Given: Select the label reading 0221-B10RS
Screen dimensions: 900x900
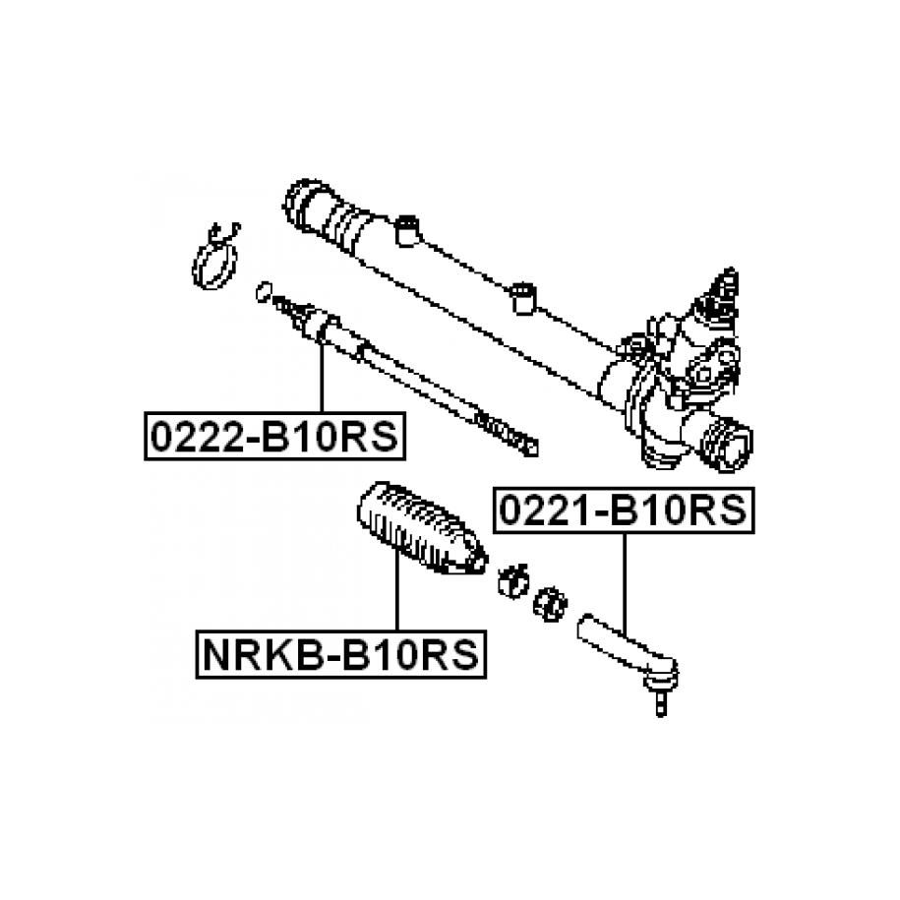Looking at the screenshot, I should [x=624, y=510].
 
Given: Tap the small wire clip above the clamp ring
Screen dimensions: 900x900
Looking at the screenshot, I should [x=224, y=233].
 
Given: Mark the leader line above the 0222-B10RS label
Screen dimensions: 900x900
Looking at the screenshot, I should [x=321, y=374].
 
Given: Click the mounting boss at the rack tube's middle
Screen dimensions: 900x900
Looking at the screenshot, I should [x=522, y=294].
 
